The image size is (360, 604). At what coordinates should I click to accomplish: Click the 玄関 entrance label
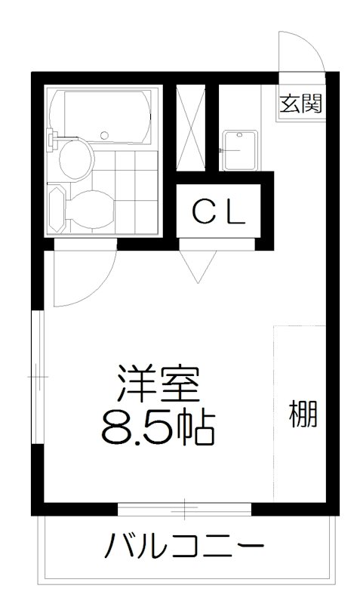tap(301, 103)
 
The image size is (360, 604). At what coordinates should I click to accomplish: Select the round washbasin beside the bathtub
tap(75, 156)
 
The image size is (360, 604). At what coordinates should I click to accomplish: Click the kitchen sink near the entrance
tap(240, 150)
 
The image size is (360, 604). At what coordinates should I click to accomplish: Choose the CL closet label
tap(217, 213)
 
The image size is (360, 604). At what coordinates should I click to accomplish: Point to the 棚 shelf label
tap(302, 414)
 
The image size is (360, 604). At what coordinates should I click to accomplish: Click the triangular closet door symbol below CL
tap(198, 264)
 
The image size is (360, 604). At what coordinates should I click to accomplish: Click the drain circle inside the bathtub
tap(105, 137)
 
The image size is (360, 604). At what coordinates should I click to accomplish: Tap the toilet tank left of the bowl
tap(54, 205)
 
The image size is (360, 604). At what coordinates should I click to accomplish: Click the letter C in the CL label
tap(201, 213)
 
